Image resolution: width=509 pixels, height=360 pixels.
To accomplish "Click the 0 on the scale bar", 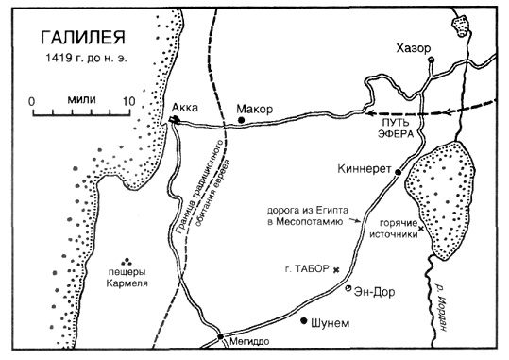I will click(x=32, y=99).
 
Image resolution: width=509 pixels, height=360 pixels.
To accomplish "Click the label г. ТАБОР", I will click(x=305, y=268).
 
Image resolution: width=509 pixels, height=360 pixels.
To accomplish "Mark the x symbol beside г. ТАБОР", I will click(x=336, y=269).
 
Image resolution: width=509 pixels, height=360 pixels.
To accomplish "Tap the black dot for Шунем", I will click(x=304, y=321).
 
